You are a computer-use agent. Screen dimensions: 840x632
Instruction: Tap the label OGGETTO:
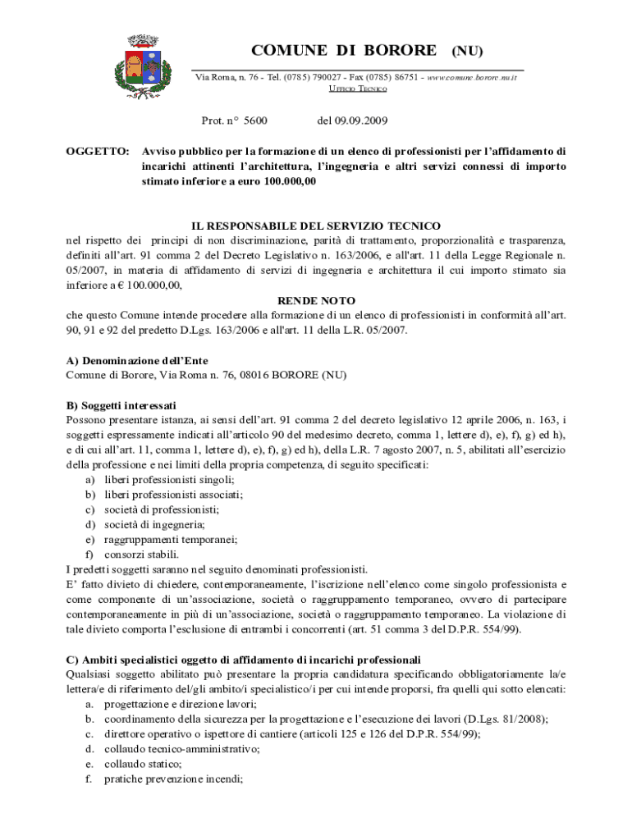(98, 152)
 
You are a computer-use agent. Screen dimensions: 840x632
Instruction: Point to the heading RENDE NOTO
(316, 301)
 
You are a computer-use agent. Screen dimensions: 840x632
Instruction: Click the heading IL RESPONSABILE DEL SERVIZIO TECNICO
(316, 226)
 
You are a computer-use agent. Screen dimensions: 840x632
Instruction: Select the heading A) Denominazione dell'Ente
(137, 361)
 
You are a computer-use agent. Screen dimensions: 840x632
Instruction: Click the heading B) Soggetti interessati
(121, 406)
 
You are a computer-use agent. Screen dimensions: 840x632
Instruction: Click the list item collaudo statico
(137, 764)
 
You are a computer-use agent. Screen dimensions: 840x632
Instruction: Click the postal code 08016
(256, 376)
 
